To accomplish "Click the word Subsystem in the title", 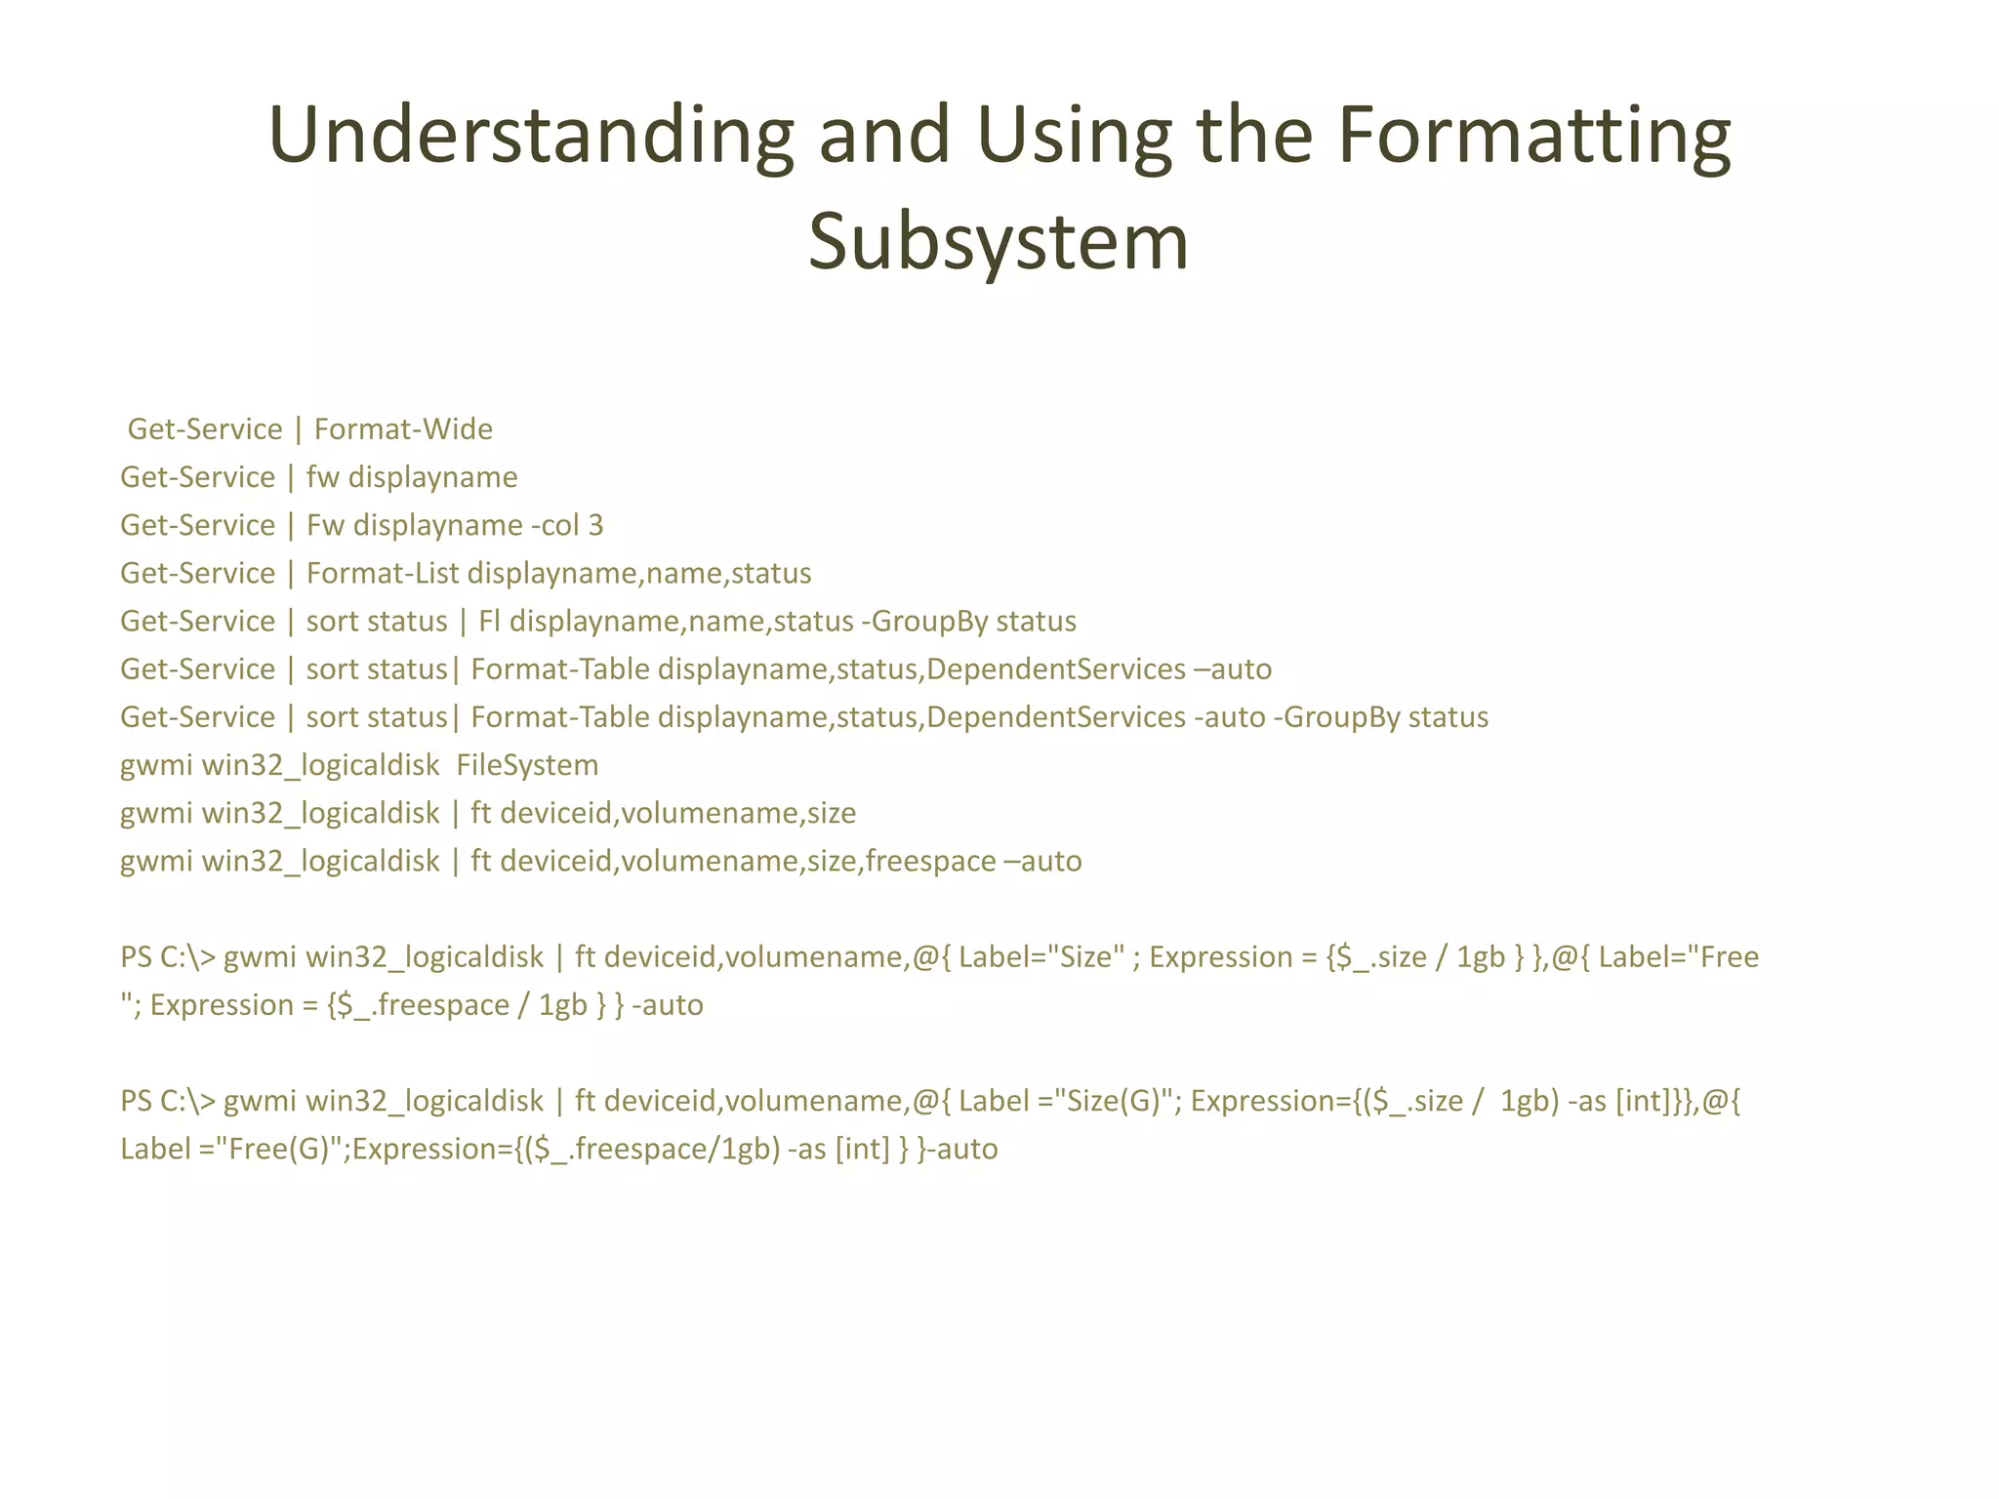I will click(998, 242).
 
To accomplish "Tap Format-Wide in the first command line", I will click(403, 429).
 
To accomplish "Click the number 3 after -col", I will click(595, 525).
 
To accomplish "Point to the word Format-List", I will click(382, 573).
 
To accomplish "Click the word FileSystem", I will click(527, 765).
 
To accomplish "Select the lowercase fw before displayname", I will click(322, 477).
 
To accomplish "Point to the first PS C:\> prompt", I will click(167, 957).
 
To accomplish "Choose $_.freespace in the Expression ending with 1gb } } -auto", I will click(422, 1005).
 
